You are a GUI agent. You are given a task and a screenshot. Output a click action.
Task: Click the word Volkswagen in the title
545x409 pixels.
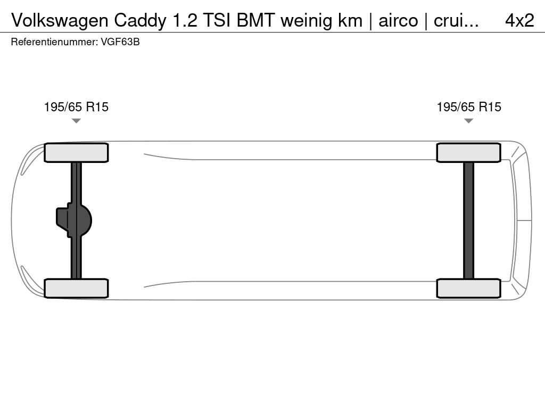coord(60,21)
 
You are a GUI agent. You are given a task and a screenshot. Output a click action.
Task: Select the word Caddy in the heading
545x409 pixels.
coord(140,21)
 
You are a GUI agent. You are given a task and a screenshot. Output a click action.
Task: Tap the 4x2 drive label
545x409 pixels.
coord(519,21)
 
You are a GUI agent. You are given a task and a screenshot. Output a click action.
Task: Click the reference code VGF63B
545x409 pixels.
coord(120,42)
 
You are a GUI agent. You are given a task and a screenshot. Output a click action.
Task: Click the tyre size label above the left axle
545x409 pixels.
coord(76,107)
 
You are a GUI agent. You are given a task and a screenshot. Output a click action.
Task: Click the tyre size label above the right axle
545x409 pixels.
coord(469,107)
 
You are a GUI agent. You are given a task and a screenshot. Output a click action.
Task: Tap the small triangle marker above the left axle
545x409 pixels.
coord(76,121)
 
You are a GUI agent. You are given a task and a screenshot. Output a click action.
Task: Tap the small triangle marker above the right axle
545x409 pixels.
coord(468,121)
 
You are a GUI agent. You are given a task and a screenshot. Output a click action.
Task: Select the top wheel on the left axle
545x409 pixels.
coord(76,153)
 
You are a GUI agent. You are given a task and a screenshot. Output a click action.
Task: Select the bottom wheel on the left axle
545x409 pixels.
coord(76,288)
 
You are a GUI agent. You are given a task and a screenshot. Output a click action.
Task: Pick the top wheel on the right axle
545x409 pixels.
coord(468,153)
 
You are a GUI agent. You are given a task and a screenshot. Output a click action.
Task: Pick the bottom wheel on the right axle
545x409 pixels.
coord(468,288)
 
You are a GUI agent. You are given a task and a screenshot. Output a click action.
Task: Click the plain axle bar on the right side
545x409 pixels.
coord(468,220)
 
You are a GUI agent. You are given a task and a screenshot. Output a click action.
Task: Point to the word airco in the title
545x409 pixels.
coord(398,21)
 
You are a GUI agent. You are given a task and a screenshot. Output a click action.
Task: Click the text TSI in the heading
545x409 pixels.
coord(217,21)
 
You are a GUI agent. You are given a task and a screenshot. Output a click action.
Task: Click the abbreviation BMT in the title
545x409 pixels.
coord(256,21)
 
